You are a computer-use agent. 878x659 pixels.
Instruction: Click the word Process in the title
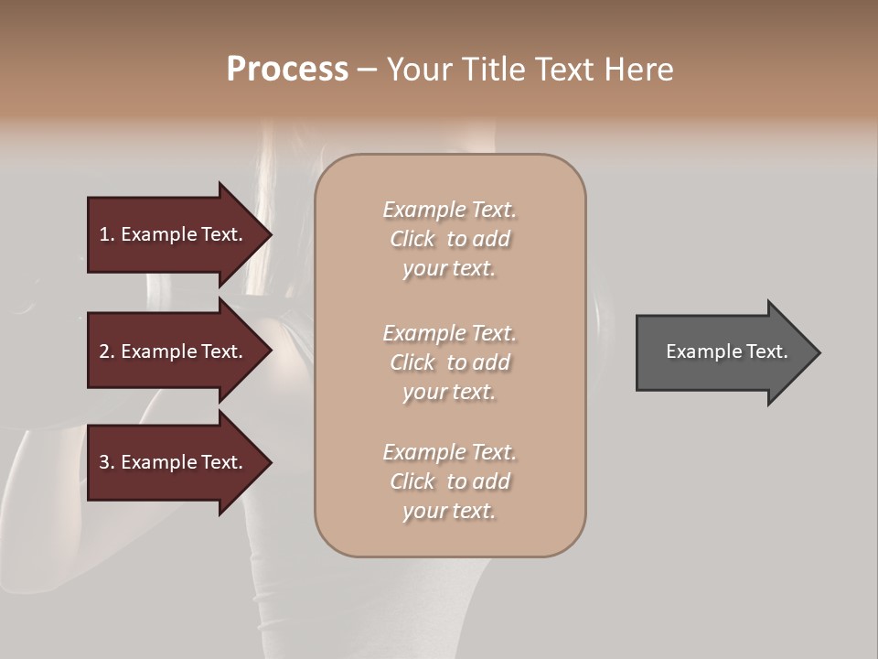287,70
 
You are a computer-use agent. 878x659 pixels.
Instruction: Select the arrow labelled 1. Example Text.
174,234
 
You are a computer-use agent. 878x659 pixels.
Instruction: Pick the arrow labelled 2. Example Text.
174,351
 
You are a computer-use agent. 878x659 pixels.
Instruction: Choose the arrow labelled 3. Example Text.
174,462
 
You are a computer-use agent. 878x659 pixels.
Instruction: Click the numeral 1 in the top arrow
104,234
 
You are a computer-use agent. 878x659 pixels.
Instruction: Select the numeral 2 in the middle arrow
104,351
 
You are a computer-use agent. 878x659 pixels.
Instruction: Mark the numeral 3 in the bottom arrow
104,462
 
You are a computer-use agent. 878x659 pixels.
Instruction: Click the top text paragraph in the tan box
450,239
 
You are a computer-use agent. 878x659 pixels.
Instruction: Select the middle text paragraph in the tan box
450,362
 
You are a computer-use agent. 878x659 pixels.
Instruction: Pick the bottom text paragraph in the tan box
450,481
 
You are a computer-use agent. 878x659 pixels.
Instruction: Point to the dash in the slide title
367,70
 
